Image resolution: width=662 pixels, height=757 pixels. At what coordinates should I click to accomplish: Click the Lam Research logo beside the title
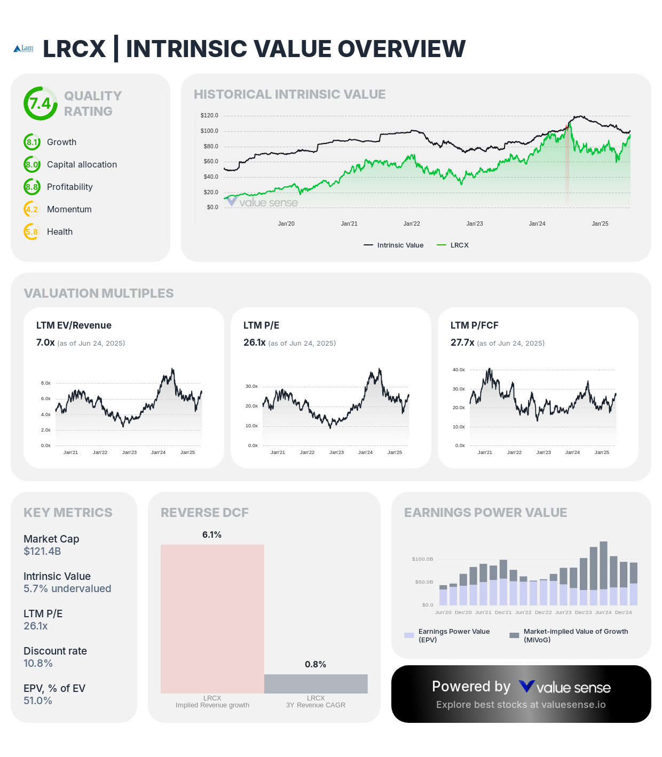pyautogui.click(x=23, y=49)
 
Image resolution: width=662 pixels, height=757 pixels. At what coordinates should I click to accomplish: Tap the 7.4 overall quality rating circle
pyautogui.click(x=40, y=103)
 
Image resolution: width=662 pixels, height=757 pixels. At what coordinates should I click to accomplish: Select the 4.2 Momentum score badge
pyautogui.click(x=32, y=209)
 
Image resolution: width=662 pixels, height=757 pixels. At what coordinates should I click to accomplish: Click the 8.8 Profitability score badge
pyautogui.click(x=32, y=187)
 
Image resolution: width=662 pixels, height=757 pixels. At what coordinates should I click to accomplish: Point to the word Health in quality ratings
pyautogui.click(x=60, y=232)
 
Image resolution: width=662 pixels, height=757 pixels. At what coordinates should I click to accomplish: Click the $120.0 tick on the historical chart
pyautogui.click(x=209, y=115)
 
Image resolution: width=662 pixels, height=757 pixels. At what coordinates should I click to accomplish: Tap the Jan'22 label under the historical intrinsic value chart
pyautogui.click(x=412, y=224)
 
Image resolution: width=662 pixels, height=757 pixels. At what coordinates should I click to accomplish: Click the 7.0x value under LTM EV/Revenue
pyautogui.click(x=45, y=342)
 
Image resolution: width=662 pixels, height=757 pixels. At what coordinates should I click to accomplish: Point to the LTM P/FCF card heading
pyautogui.click(x=474, y=325)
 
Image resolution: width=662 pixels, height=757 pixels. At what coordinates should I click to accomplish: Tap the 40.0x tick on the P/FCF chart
pyautogui.click(x=459, y=370)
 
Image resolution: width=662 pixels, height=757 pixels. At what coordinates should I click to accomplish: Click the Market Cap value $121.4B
pyautogui.click(x=42, y=551)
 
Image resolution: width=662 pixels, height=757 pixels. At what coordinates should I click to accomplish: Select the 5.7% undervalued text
pyautogui.click(x=67, y=588)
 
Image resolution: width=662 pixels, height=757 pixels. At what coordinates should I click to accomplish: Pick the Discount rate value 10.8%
pyautogui.click(x=38, y=663)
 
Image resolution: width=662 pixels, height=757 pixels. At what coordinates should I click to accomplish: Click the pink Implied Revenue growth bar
pyautogui.click(x=212, y=619)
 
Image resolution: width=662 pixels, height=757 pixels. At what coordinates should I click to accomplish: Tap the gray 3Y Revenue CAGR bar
pyautogui.click(x=316, y=684)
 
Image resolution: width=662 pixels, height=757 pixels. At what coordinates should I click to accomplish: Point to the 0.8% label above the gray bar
pyautogui.click(x=316, y=664)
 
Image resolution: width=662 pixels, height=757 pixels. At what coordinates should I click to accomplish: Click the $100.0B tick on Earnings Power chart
pyautogui.click(x=422, y=559)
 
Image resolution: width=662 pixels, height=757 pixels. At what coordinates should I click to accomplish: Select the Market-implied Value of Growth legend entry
pyautogui.click(x=569, y=635)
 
